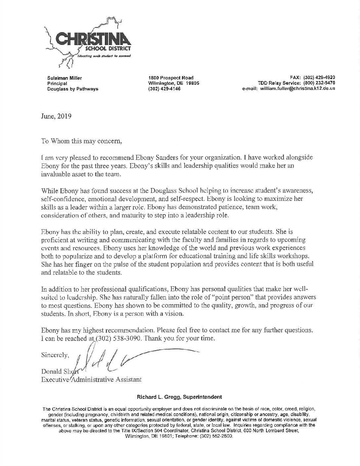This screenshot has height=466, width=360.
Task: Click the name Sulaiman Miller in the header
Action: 65,78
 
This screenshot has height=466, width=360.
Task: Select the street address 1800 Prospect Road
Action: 171,78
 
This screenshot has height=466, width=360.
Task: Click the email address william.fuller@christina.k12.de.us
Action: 297,89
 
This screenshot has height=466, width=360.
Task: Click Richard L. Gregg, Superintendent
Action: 180,396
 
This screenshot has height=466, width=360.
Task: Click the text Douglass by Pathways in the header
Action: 73,89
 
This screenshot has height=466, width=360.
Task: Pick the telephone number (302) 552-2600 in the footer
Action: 216,436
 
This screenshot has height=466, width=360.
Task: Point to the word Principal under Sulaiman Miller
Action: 57,83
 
